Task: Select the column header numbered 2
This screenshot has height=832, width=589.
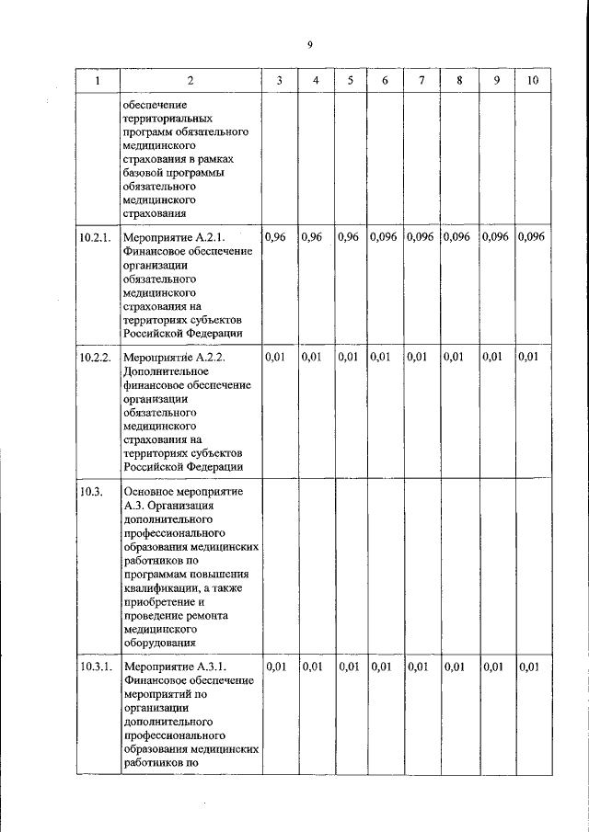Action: (190, 81)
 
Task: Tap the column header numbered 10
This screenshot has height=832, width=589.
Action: (531, 81)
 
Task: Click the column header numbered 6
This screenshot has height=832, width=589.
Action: (385, 81)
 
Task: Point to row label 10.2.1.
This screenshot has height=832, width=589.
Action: (95, 237)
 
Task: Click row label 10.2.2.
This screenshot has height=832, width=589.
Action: (95, 357)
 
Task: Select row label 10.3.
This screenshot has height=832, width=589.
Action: (88, 492)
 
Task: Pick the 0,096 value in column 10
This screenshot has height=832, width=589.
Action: (531, 237)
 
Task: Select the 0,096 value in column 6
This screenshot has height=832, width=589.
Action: (384, 237)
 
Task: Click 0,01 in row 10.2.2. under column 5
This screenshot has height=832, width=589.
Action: (348, 357)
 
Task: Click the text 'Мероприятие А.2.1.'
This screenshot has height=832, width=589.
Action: (173, 238)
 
